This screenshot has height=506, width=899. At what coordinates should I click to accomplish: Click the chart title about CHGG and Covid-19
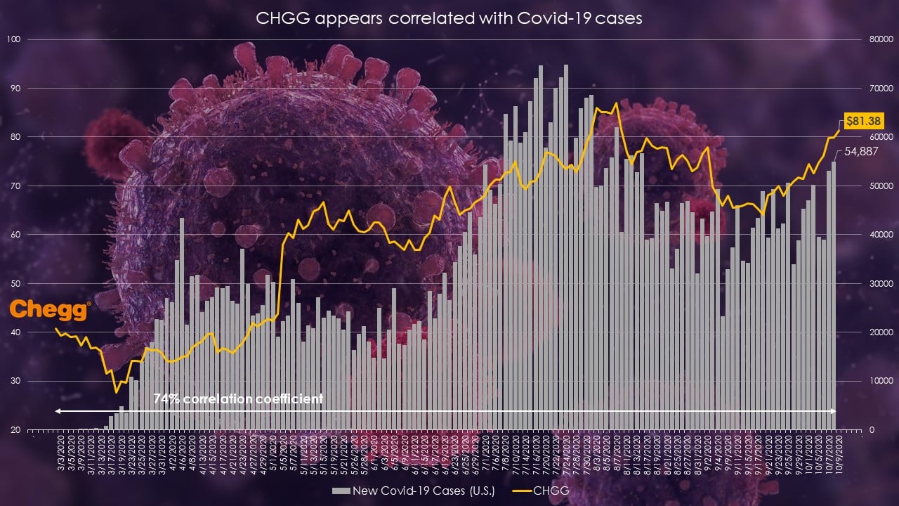click(449, 19)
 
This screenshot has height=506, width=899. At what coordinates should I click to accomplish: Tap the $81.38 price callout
click(863, 121)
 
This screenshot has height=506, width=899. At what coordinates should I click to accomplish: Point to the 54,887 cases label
click(860, 151)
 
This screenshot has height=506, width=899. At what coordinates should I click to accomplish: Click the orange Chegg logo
click(50, 310)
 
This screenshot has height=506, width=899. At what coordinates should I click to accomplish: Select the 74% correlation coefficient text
click(238, 399)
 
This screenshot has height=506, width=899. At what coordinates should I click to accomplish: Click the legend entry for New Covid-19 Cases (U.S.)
click(414, 490)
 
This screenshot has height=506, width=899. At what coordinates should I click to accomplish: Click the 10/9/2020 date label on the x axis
click(838, 453)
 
